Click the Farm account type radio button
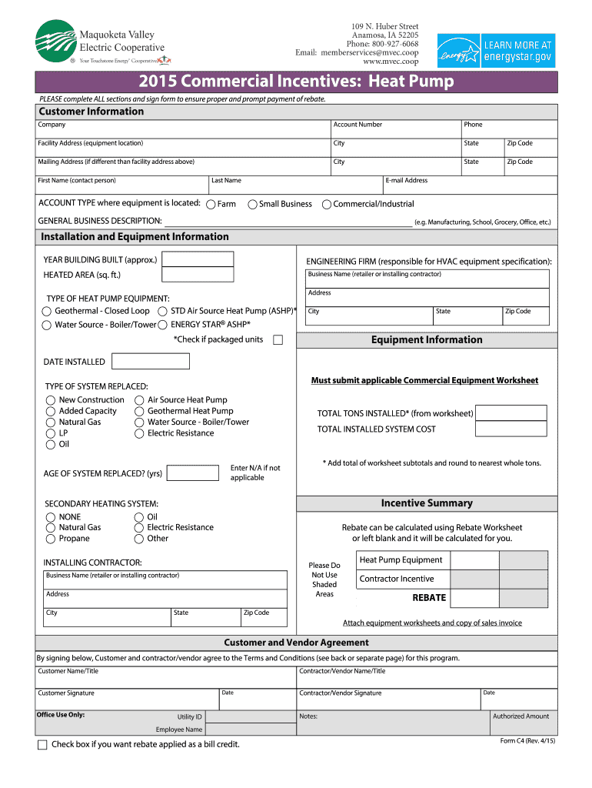tap(211, 205)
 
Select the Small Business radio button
tap(252, 205)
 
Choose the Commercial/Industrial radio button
tap(327, 205)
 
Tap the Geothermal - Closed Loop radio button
tap(46, 312)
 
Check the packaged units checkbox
tap(278, 340)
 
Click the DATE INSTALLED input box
tap(151, 362)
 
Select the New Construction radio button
tap(51, 400)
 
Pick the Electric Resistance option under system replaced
tap(139, 434)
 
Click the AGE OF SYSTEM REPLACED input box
tap(192, 472)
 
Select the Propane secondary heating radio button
tap(51, 539)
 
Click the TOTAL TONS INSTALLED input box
tap(511, 413)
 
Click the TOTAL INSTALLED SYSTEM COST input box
tap(511, 429)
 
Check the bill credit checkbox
tap(42, 745)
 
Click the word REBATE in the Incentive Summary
tap(429, 598)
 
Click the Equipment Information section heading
tap(427, 340)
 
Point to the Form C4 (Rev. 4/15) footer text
tap(527, 741)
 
